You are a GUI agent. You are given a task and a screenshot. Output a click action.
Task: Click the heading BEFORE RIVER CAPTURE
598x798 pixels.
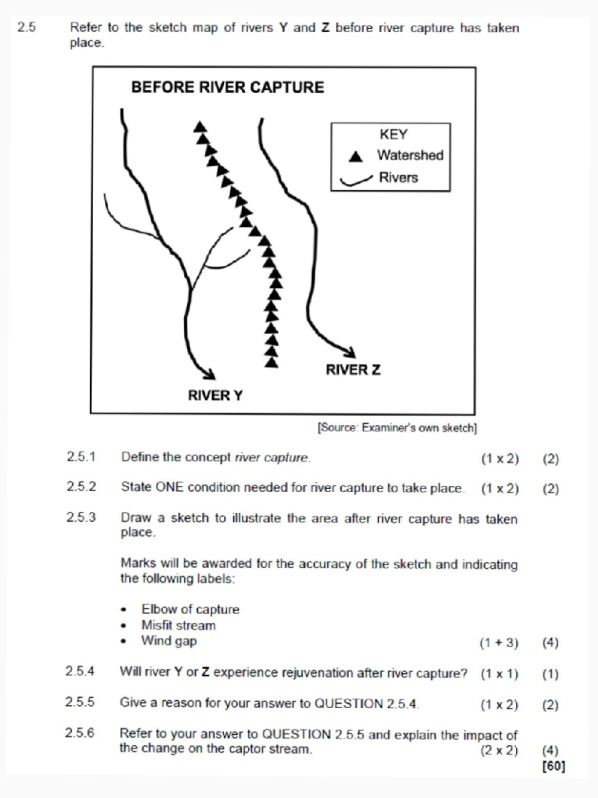point(227,87)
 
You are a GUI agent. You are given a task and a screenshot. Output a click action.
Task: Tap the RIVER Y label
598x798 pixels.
point(215,395)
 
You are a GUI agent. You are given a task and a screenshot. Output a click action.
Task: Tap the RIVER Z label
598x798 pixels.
point(353,370)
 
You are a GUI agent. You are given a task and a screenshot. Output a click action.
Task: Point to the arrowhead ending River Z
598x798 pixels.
point(350,352)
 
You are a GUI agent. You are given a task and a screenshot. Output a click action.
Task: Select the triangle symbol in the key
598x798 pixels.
point(355,157)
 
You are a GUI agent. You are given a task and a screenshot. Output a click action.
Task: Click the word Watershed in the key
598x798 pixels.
point(410,155)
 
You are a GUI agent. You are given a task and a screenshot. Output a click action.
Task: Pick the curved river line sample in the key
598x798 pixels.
point(356,181)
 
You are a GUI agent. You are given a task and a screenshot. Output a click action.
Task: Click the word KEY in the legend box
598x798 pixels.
point(393,134)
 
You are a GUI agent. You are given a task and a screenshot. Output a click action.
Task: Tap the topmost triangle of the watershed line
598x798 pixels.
point(200,127)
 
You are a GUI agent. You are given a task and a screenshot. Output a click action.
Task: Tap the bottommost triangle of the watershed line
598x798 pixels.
point(272,363)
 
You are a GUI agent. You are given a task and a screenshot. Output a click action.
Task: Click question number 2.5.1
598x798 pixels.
point(81,457)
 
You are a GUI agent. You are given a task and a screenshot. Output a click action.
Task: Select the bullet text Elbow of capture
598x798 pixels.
point(190,609)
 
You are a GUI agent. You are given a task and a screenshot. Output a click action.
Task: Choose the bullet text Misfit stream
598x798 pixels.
point(178,625)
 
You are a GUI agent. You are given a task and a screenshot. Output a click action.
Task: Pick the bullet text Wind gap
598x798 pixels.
point(169,640)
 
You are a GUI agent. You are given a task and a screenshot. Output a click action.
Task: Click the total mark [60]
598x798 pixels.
point(553,766)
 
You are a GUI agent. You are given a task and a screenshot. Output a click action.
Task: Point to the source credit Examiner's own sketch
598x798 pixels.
point(397,428)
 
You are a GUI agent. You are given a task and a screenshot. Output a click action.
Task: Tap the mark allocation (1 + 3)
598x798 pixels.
point(499,642)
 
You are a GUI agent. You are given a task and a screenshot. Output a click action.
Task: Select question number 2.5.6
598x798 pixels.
point(80,733)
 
